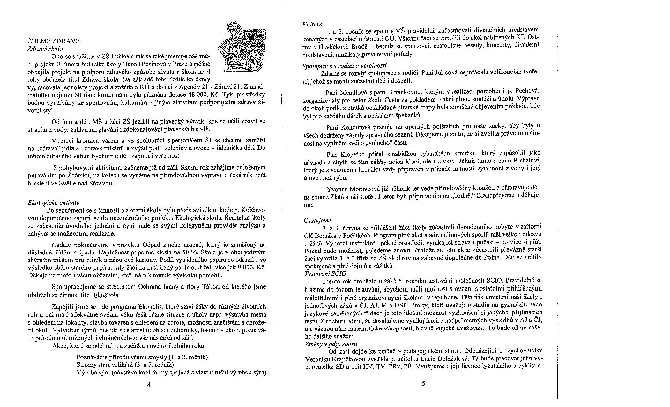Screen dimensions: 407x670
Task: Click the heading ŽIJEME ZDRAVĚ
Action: point(53,41)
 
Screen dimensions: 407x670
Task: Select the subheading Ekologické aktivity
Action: point(54,202)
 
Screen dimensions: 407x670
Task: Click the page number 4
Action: point(149,385)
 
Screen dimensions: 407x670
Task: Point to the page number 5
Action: point(423,383)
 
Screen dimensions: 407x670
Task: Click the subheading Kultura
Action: point(312,24)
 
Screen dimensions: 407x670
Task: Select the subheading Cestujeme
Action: point(317,220)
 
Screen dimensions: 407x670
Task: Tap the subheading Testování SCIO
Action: point(325,274)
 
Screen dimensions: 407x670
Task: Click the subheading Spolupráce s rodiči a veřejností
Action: point(345,66)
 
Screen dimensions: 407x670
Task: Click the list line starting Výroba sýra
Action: point(171,373)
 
